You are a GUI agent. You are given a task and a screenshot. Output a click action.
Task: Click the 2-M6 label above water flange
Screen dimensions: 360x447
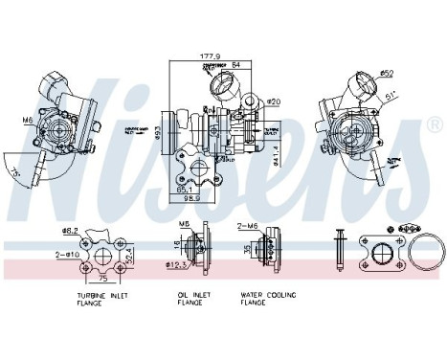click(247, 226)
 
